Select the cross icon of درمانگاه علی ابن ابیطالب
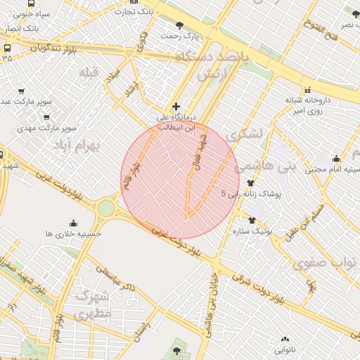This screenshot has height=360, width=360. pyautogui.click(x=176, y=106)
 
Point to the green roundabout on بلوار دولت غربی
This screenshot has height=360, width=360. pyautogui.click(x=105, y=208)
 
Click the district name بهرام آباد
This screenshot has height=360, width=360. pyautogui.click(x=77, y=144)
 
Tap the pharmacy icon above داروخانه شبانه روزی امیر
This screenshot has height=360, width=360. pyautogui.click(x=307, y=89)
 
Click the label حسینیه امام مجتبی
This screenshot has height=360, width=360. pyautogui.click(x=330, y=169)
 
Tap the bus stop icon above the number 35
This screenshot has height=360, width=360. pyautogui.click(x=7, y=48)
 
